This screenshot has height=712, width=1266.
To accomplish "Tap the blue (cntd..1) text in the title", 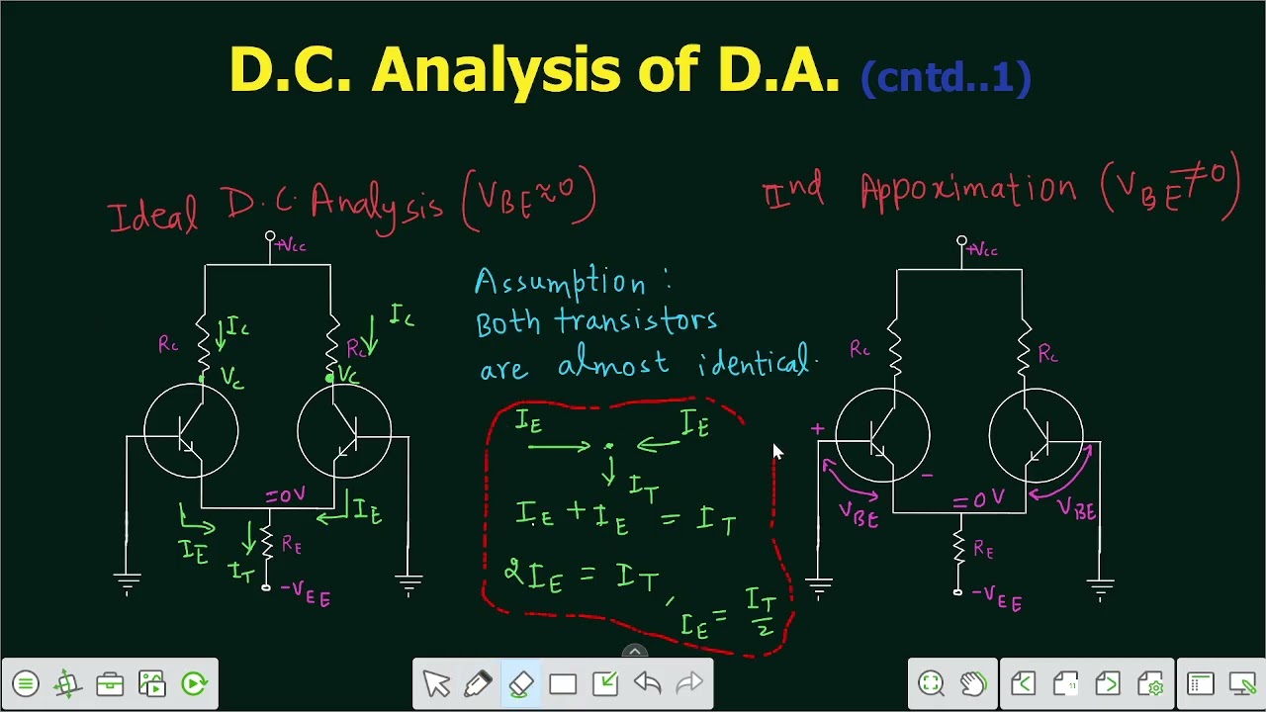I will coord(946,76).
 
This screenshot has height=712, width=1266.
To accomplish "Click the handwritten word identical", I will coord(756,364).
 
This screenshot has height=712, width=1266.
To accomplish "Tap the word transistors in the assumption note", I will coord(635,321).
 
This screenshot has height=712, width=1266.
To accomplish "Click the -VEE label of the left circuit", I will coord(306,592).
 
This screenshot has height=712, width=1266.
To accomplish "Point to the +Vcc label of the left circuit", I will coord(291,245).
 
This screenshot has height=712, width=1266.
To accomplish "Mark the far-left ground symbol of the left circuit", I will coord(127,582).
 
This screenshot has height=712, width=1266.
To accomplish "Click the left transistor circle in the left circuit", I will coord(191,432).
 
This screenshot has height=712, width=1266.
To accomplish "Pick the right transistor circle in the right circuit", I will coord(1036,436).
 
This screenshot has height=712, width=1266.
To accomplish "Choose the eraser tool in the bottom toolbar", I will coord(521,683).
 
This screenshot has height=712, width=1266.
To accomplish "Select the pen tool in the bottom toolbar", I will coord(479,683).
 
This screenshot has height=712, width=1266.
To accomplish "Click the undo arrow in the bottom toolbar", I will coord(647,683).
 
